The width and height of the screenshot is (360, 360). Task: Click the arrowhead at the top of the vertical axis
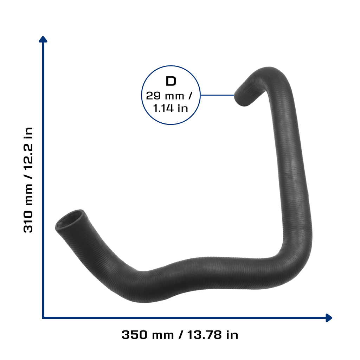point(43,39)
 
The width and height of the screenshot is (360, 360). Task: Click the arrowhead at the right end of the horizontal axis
point(329,318)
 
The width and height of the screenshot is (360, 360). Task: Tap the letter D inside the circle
point(171,81)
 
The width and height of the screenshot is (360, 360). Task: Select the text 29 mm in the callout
point(165,96)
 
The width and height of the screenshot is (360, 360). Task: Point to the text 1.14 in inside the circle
point(171,108)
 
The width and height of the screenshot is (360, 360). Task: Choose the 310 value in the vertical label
point(28,221)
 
